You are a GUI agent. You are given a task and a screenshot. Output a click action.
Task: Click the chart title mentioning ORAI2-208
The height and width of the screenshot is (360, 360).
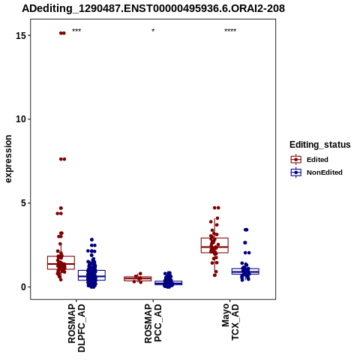[x=153, y=8]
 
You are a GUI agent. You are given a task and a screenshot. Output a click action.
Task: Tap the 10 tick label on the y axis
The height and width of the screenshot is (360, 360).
[x=21, y=119]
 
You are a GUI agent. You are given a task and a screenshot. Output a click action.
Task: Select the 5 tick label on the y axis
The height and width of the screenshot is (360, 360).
[x=24, y=203]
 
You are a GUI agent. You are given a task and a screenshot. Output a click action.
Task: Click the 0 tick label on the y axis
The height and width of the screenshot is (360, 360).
[x=24, y=286]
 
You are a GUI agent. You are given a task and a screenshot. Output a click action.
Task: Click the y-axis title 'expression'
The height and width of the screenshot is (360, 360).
[x=8, y=159]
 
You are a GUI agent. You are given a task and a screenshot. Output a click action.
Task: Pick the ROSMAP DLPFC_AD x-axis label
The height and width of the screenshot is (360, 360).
[x=76, y=328]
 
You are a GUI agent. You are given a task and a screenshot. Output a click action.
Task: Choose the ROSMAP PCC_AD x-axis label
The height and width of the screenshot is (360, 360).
[x=153, y=323]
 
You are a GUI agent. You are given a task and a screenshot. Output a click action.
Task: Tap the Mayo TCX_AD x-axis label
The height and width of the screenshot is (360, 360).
[x=230, y=322]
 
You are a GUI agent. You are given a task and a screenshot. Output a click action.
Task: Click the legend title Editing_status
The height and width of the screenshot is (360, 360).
[x=320, y=145]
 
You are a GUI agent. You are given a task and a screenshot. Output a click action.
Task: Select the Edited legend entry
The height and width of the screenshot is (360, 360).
[x=309, y=160]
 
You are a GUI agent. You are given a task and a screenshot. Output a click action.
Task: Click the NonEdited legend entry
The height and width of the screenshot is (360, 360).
[x=316, y=172]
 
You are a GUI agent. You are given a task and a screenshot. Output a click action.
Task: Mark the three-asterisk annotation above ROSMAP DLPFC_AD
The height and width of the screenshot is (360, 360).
[x=76, y=31]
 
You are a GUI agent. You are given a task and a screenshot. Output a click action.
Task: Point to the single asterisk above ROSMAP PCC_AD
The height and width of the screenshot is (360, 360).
[x=153, y=31]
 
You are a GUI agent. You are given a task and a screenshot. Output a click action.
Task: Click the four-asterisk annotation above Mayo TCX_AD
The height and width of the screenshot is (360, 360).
[x=230, y=31]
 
